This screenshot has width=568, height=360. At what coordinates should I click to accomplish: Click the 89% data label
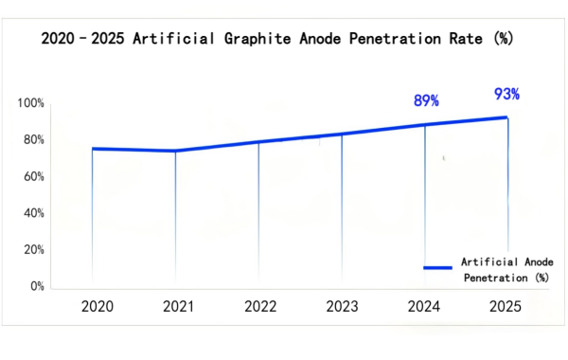pyautogui.click(x=426, y=100)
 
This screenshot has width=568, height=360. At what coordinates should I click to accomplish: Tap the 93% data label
pyautogui.click(x=506, y=94)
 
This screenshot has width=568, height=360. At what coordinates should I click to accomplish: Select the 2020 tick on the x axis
pyautogui.click(x=98, y=306)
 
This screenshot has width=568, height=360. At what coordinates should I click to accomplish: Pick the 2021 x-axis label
pyautogui.click(x=179, y=306)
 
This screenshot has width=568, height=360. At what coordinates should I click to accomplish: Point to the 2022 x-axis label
pyautogui.click(x=260, y=306)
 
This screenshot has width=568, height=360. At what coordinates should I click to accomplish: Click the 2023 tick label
pyautogui.click(x=342, y=306)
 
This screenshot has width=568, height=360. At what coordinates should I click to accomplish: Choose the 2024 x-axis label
pyautogui.click(x=423, y=306)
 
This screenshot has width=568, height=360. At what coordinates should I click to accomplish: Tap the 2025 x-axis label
pyautogui.click(x=505, y=306)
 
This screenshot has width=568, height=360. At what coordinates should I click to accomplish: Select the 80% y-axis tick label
pyautogui.click(x=34, y=140)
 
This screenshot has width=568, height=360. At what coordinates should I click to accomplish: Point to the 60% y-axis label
pyautogui.click(x=34, y=176)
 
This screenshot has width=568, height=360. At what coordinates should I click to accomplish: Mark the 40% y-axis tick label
pyautogui.click(x=34, y=213)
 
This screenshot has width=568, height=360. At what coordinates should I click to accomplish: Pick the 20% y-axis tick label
pyautogui.click(x=34, y=250)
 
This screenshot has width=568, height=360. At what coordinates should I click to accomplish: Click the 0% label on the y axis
pyautogui.click(x=37, y=286)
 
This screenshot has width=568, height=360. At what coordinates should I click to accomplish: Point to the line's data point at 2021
pyautogui.click(x=175, y=151)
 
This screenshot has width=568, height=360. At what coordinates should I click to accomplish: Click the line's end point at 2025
pyautogui.click(x=508, y=117)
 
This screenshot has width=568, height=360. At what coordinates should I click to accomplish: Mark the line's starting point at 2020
pyautogui.click(x=92, y=149)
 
